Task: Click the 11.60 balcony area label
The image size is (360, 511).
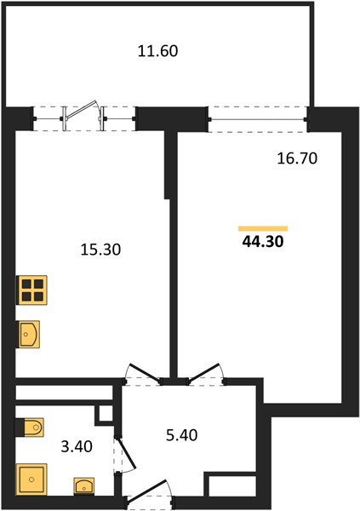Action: pos(157,50)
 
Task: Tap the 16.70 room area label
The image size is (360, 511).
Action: pos(297,158)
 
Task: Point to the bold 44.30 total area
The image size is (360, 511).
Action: pos(263,241)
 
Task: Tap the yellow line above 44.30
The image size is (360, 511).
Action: pos(263,228)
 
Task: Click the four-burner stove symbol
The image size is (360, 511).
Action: pos(31,290)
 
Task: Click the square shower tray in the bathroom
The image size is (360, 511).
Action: pos(31,479)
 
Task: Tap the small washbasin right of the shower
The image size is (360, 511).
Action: pos(83,486)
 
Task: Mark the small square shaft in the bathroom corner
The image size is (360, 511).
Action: pos(106,416)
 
